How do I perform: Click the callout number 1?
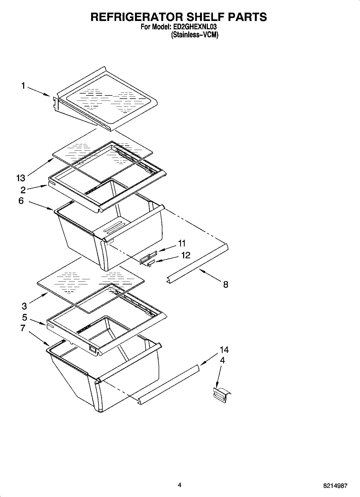(x=23, y=86)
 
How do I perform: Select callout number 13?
(x=20, y=178)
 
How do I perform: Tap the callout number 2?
(x=23, y=190)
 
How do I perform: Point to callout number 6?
(x=21, y=201)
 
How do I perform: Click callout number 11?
(x=182, y=243)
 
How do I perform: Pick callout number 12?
(x=186, y=255)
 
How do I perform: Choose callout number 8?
(x=226, y=284)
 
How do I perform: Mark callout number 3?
(x=24, y=306)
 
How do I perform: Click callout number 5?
(x=24, y=317)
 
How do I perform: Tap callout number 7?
(x=23, y=328)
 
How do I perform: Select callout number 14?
(x=224, y=350)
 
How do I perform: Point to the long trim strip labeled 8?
(x=198, y=264)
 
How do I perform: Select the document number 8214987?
(x=335, y=486)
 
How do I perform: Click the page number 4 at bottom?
(x=179, y=485)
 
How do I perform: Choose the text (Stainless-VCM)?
(x=194, y=35)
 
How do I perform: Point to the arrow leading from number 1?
(x=38, y=91)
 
